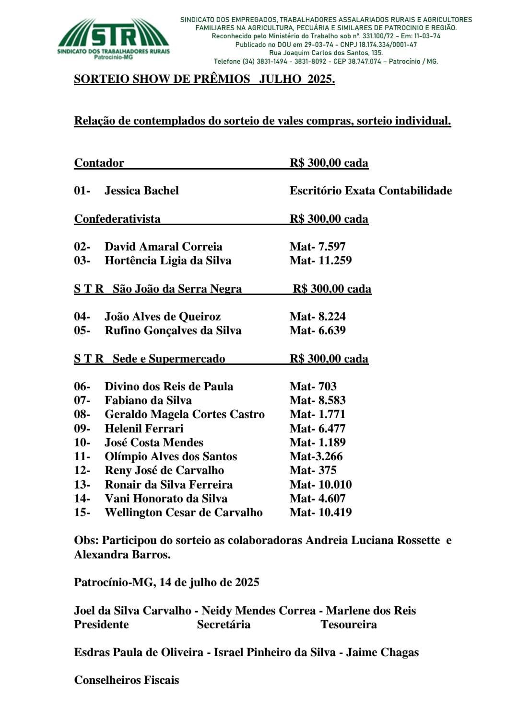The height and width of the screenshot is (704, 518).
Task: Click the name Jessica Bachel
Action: (x=141, y=191)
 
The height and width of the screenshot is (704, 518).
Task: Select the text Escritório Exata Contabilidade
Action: (x=370, y=191)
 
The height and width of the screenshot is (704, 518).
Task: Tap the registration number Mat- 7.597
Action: (x=318, y=247)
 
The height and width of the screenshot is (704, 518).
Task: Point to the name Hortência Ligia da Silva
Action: (x=168, y=261)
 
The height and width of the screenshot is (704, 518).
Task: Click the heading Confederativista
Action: (x=117, y=219)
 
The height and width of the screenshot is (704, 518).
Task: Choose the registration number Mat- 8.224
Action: (x=318, y=317)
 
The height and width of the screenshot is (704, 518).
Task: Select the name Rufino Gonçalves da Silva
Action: (x=173, y=330)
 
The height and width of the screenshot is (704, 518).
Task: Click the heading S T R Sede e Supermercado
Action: (x=149, y=359)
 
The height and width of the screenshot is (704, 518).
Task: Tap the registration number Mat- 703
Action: (x=313, y=386)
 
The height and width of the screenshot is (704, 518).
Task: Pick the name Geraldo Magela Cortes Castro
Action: (x=185, y=414)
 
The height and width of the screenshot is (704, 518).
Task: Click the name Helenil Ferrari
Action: (x=144, y=429)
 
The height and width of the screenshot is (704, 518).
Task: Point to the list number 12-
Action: (x=82, y=470)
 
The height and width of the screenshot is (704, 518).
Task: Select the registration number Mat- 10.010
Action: (x=320, y=485)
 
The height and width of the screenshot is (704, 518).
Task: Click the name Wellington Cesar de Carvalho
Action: (x=183, y=512)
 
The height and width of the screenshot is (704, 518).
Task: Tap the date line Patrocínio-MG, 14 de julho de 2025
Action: (x=166, y=582)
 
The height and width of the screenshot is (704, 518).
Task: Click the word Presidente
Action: (x=101, y=625)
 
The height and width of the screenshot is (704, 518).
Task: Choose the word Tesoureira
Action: (x=349, y=625)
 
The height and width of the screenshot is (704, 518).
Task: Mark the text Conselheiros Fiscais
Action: (x=127, y=680)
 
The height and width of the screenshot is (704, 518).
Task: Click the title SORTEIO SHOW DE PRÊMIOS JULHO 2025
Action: (x=204, y=79)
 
